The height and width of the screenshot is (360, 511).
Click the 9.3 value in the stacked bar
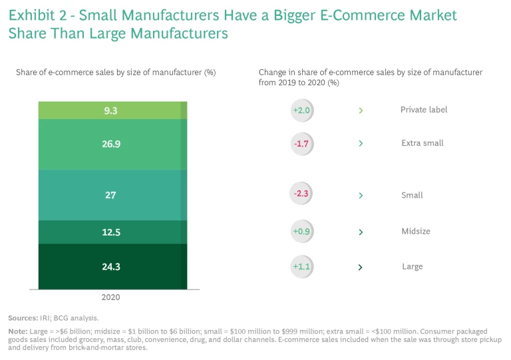(x=110, y=111)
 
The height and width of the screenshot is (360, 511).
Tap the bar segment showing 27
(x=110, y=195)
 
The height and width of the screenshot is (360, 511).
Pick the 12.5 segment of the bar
(x=110, y=232)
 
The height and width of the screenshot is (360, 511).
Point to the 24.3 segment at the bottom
(x=110, y=266)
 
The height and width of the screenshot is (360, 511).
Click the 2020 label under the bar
(x=110, y=297)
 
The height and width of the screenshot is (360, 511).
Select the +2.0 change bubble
(x=302, y=110)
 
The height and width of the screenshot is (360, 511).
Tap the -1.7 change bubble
(x=302, y=143)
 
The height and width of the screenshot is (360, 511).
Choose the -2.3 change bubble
(x=302, y=195)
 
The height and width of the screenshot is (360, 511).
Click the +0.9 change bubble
(x=302, y=232)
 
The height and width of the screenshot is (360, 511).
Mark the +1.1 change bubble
(x=302, y=267)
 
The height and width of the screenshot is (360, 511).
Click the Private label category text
(x=424, y=110)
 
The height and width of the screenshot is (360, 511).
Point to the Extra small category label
(x=423, y=143)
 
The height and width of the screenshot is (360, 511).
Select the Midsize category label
(x=416, y=232)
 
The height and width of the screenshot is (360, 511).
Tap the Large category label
(x=413, y=267)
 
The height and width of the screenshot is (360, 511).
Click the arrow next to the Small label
(x=361, y=196)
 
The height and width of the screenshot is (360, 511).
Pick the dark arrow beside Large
(x=361, y=268)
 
